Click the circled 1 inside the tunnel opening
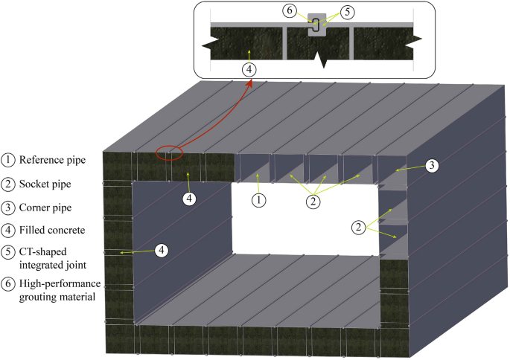coord(258,199)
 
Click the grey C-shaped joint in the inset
coord(317,25)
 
